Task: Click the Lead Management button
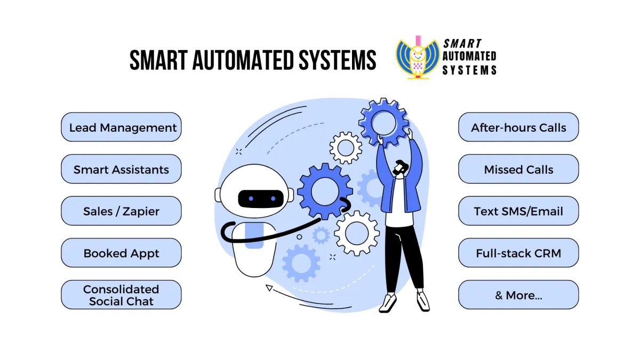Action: coord(121,127)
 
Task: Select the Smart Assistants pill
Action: coord(121,169)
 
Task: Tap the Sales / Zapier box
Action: coord(121,211)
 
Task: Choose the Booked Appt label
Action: coord(121,253)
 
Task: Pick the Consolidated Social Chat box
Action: coord(121,294)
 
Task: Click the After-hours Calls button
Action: coord(518,127)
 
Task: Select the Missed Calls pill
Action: coord(518,169)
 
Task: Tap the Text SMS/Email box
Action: coord(518,211)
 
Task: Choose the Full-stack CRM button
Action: coord(518,253)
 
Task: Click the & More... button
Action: coord(518,294)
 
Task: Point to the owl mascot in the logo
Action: coord(418,58)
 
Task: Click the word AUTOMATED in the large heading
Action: coord(243,60)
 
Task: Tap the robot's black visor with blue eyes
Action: coord(261,198)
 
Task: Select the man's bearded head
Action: coord(401,168)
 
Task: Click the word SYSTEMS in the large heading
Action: coord(338,60)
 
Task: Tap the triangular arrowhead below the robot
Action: coord(269,287)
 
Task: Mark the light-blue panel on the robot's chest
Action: coord(254,236)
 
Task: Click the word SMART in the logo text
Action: coord(462,44)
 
